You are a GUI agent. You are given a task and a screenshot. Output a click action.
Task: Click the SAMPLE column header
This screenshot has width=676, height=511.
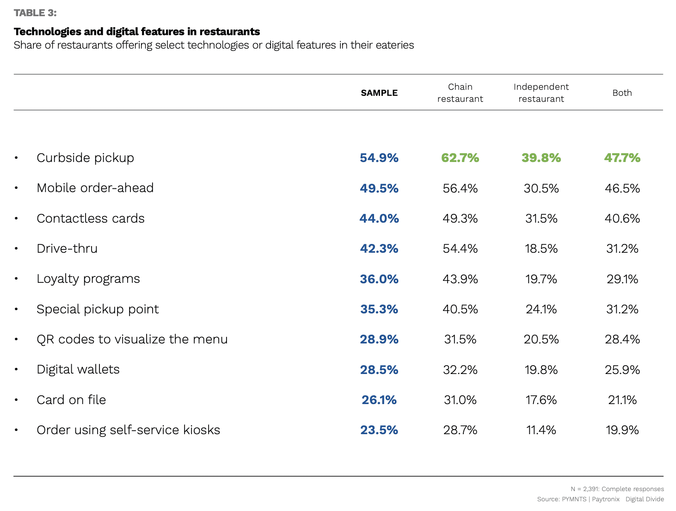pyautogui.click(x=379, y=93)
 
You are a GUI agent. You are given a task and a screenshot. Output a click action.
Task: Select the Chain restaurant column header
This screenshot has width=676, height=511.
pyautogui.click(x=460, y=93)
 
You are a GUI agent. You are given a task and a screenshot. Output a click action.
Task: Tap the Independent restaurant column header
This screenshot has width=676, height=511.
pyautogui.click(x=541, y=93)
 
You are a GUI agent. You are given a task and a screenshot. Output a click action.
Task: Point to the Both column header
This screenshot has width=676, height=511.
pyautogui.click(x=622, y=93)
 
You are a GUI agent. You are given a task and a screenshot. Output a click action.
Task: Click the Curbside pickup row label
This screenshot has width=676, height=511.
pyautogui.click(x=85, y=158)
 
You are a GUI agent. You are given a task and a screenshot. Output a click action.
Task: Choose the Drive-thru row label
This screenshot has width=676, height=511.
pyautogui.click(x=67, y=249)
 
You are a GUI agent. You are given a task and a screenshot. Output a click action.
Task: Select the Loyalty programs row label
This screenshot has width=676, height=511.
pyautogui.click(x=88, y=279)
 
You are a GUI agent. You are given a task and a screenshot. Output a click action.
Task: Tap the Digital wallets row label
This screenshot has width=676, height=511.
pyautogui.click(x=78, y=369)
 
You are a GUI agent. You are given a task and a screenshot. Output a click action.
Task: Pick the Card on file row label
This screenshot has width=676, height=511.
pyautogui.click(x=71, y=400)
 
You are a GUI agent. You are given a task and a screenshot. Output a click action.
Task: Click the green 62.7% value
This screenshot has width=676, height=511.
pyautogui.click(x=460, y=158)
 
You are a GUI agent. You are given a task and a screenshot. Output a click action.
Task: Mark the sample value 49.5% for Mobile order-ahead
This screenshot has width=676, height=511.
pyautogui.click(x=379, y=188)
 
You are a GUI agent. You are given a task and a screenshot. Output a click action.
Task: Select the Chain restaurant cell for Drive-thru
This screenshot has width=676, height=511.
pyautogui.click(x=460, y=249)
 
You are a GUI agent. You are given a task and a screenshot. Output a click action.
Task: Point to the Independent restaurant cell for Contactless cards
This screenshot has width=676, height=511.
pyautogui.click(x=541, y=218)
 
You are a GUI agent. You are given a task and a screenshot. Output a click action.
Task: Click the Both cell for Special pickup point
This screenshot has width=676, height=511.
pyautogui.click(x=622, y=309)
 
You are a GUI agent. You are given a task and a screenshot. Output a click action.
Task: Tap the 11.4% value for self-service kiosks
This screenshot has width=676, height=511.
pyautogui.click(x=541, y=430)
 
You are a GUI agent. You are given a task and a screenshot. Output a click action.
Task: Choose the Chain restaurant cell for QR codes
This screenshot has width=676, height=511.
pyautogui.click(x=460, y=339)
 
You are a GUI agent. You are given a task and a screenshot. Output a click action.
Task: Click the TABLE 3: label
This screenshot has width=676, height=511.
pyautogui.click(x=35, y=13)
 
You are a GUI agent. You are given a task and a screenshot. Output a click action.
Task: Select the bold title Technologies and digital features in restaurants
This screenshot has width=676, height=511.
pyautogui.click(x=137, y=31)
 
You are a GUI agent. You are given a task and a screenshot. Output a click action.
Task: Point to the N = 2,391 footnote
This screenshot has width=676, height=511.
pyautogui.click(x=617, y=489)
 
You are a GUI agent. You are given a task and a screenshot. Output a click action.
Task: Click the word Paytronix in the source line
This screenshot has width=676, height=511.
pyautogui.click(x=606, y=499)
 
